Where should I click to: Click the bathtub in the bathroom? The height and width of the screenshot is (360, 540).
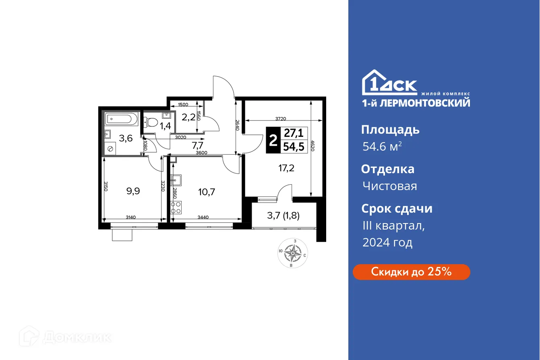pyautogui.click(x=121, y=120)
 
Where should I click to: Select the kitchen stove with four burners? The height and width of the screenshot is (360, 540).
pyautogui.click(x=176, y=208)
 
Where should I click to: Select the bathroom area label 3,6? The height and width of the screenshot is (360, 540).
pyautogui.click(x=126, y=139)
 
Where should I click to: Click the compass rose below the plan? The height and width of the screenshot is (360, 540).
pyautogui.click(x=293, y=253)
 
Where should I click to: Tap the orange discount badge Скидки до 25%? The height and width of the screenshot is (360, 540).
pyautogui.click(x=411, y=272)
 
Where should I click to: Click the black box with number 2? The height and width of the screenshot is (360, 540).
pyautogui.click(x=273, y=140)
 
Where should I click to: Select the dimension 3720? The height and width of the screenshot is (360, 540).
pyautogui.click(x=281, y=118)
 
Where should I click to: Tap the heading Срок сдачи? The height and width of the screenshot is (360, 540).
pyautogui.click(x=397, y=209)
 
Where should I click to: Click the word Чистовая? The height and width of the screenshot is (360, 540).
pyautogui.click(x=389, y=186)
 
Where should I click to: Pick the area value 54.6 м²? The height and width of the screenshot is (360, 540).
pyautogui.click(x=381, y=147)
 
